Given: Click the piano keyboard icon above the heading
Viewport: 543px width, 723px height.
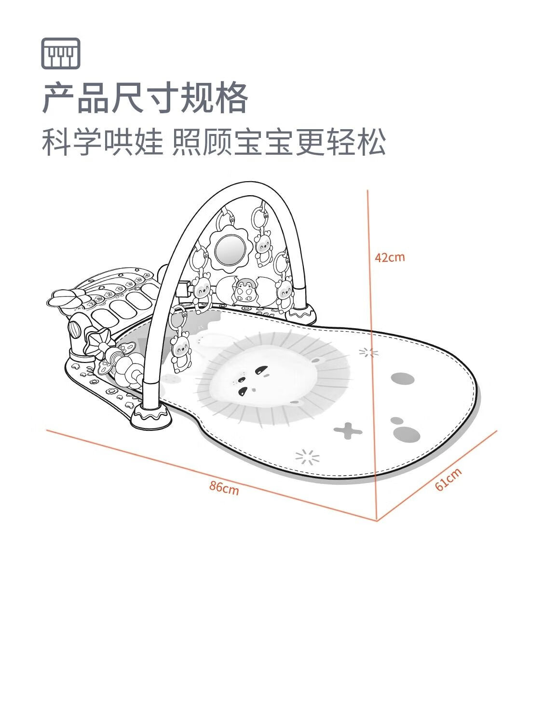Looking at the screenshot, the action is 61,54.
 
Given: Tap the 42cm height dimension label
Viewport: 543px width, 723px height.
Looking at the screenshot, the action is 390,257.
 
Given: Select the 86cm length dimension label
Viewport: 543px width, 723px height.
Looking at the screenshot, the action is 224,488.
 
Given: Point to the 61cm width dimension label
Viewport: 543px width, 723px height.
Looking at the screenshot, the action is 448,480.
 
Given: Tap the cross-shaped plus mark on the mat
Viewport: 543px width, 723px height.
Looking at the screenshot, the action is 348,430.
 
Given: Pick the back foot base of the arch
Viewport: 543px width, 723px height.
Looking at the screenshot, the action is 301,314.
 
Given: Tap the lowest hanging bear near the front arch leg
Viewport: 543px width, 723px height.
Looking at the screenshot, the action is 181,352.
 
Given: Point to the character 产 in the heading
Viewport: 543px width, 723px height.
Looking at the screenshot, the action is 59,98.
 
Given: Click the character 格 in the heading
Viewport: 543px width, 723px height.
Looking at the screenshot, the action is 231,98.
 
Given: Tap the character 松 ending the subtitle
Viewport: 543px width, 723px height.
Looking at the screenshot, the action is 372,142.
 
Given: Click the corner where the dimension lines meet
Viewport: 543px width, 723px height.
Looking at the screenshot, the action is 377,521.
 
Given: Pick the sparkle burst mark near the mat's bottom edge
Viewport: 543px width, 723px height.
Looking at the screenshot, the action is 307,457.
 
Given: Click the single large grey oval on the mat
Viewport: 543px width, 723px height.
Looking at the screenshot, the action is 403,379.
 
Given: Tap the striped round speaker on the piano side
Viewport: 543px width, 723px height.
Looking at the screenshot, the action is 75,330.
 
